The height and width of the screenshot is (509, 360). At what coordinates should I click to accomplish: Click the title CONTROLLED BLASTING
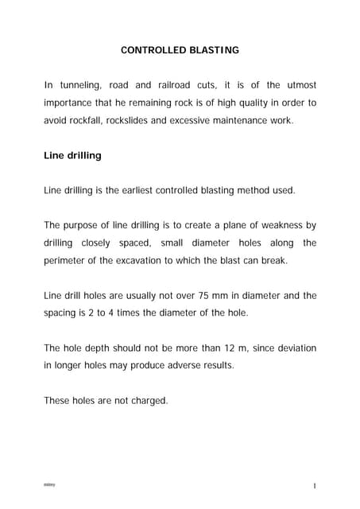[x=180, y=50]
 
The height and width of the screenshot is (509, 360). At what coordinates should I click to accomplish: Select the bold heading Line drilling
[x=72, y=156]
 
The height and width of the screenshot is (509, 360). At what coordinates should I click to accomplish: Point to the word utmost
[x=300, y=84]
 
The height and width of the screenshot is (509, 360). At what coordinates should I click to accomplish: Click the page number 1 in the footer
[x=315, y=485]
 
